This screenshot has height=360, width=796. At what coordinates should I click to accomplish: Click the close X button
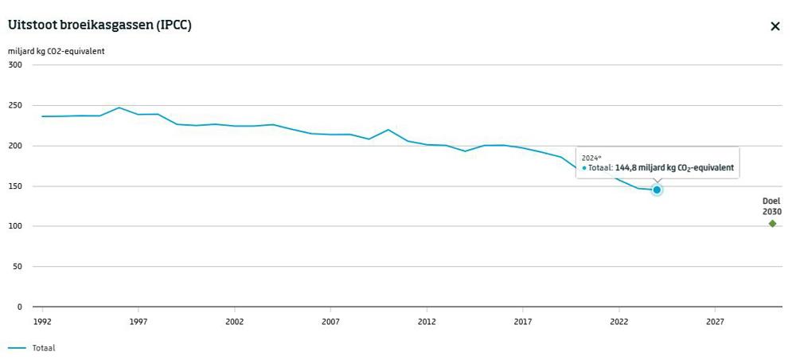(x=775, y=26)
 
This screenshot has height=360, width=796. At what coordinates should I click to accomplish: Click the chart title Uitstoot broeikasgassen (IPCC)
(x=99, y=25)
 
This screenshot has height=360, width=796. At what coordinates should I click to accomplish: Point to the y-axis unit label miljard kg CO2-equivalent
(x=57, y=52)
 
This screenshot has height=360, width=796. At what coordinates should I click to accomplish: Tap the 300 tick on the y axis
(x=14, y=65)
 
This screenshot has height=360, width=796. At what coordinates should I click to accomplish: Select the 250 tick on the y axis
(x=14, y=105)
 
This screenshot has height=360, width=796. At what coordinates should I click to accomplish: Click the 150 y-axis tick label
(x=14, y=186)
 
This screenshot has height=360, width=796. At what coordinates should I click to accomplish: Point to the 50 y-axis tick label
(x=17, y=267)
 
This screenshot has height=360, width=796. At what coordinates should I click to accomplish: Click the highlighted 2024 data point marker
(x=657, y=190)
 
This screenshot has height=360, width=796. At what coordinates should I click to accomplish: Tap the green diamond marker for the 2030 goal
(x=772, y=224)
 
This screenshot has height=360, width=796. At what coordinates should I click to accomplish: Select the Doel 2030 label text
(x=771, y=207)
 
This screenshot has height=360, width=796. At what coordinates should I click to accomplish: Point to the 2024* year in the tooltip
(x=591, y=158)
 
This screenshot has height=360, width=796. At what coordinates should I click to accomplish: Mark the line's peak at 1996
(x=119, y=108)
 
